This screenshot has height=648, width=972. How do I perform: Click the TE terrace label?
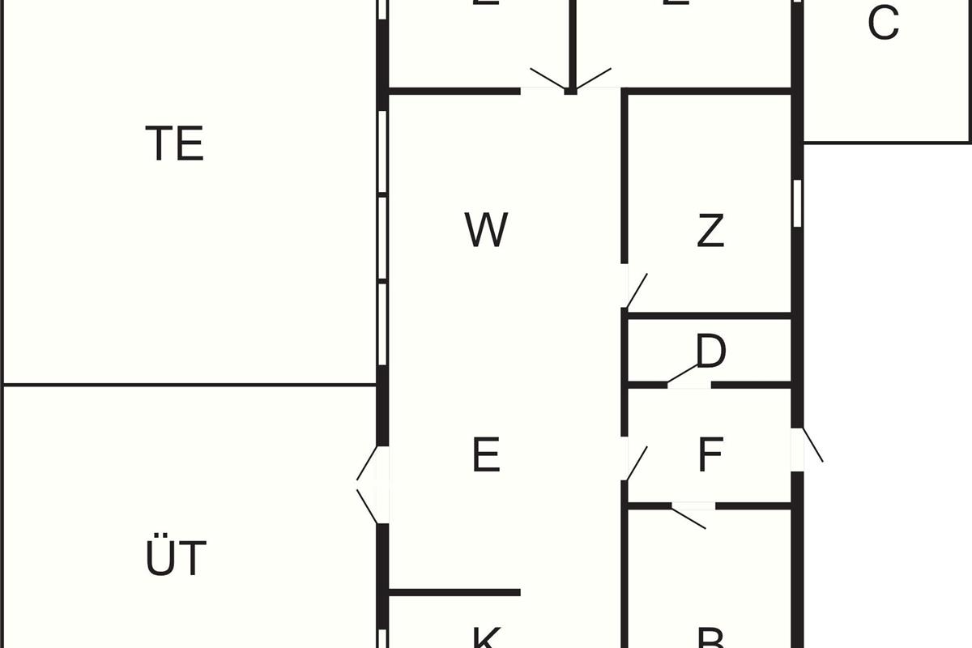point(174,144)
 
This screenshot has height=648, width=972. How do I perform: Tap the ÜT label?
point(176,559)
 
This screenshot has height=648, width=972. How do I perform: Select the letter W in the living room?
point(486,230)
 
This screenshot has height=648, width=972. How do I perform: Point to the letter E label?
point(486,455)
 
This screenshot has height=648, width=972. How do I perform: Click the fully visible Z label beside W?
point(710,232)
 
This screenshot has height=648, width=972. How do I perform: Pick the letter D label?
point(711,352)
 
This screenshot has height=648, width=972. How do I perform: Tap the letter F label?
point(710,455)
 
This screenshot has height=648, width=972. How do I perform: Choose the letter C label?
point(883,23)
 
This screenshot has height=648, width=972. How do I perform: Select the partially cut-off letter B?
point(710,638)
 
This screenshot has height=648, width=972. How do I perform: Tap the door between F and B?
point(690,515)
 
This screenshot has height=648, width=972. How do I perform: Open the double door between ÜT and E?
point(370,484)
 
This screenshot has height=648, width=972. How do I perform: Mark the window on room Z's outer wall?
point(797,202)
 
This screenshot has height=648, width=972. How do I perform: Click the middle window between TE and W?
point(382,239)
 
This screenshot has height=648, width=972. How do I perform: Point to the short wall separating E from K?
point(454,593)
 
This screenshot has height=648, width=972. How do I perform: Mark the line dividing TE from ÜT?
point(190,385)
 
